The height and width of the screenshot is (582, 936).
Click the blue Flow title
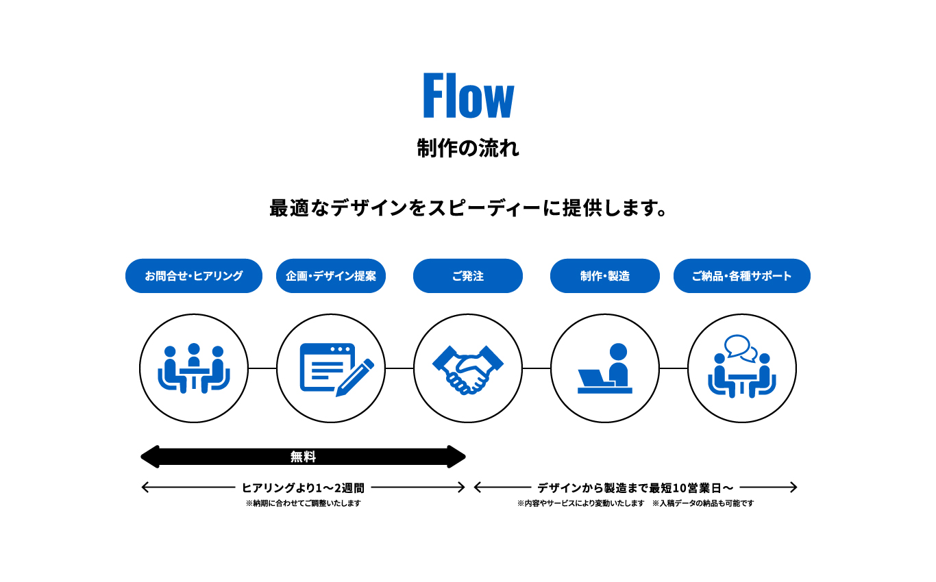[468, 96]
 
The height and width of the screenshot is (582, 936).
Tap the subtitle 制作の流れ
[468, 148]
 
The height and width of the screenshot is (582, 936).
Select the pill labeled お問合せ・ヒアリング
[194, 276]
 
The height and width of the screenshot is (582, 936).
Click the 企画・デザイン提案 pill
[331, 276]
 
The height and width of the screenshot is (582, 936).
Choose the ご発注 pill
[468, 276]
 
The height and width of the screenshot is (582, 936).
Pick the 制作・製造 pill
[605, 276]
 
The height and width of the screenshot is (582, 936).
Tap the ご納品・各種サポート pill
[742, 276]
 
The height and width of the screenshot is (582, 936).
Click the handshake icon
[468, 370]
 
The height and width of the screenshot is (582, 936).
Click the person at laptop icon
[605, 369]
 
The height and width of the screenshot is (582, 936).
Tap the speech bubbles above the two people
[740, 348]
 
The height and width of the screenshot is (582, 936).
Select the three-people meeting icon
[194, 369]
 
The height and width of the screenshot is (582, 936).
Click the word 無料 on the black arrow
[303, 457]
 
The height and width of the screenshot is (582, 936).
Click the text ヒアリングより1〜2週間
[303, 488]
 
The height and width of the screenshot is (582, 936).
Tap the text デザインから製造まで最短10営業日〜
[635, 488]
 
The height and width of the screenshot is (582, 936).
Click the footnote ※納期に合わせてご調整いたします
[303, 503]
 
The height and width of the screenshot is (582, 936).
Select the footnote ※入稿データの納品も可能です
[703, 503]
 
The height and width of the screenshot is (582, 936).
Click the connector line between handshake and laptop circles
[537, 368]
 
